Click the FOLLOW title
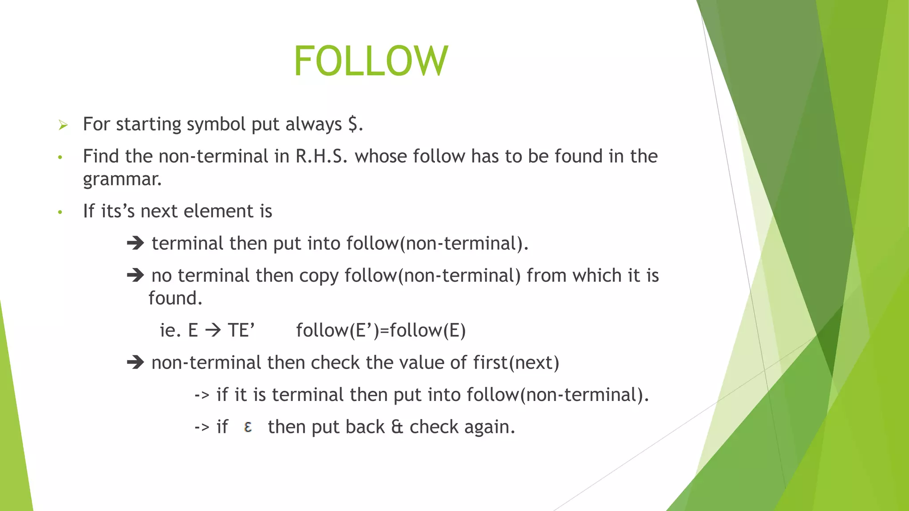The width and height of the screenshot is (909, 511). [371, 61]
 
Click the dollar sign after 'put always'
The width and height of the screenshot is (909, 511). [353, 124]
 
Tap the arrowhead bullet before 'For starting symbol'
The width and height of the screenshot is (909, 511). [63, 126]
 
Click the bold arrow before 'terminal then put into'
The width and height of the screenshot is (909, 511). [135, 243]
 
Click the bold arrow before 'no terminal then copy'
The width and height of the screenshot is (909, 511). [135, 275]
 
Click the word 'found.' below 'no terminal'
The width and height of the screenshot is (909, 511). [175, 299]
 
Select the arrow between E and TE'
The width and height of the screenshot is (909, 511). [213, 330]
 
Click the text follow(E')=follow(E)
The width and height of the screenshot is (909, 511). [381, 331]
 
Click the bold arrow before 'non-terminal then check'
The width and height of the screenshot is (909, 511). [135, 362]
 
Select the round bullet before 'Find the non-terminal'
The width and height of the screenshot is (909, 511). [60, 157]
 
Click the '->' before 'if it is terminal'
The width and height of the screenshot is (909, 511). [202, 395]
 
